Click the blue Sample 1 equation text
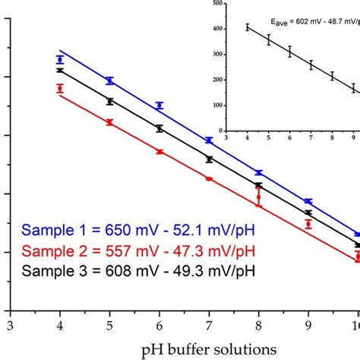click(139, 230)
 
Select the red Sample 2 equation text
click(139, 250)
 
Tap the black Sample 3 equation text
click(139, 270)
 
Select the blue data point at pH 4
click(60, 59)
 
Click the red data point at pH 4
click(60, 88)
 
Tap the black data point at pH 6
click(159, 128)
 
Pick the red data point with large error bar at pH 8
click(258, 197)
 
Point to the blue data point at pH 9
click(308, 201)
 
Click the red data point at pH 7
click(209, 178)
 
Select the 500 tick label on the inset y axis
click(219, 4)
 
